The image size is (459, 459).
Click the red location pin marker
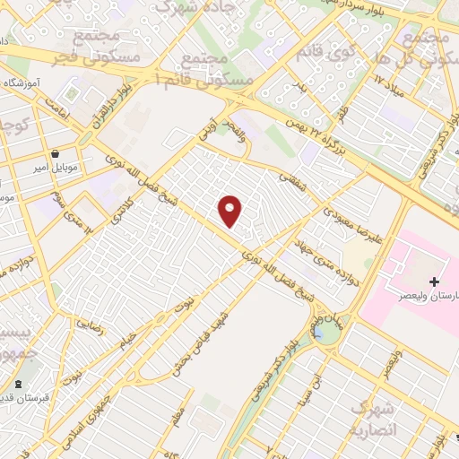coord(231,211)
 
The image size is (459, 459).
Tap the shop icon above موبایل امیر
coord(56,153)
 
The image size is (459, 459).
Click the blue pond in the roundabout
coord(320,333)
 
